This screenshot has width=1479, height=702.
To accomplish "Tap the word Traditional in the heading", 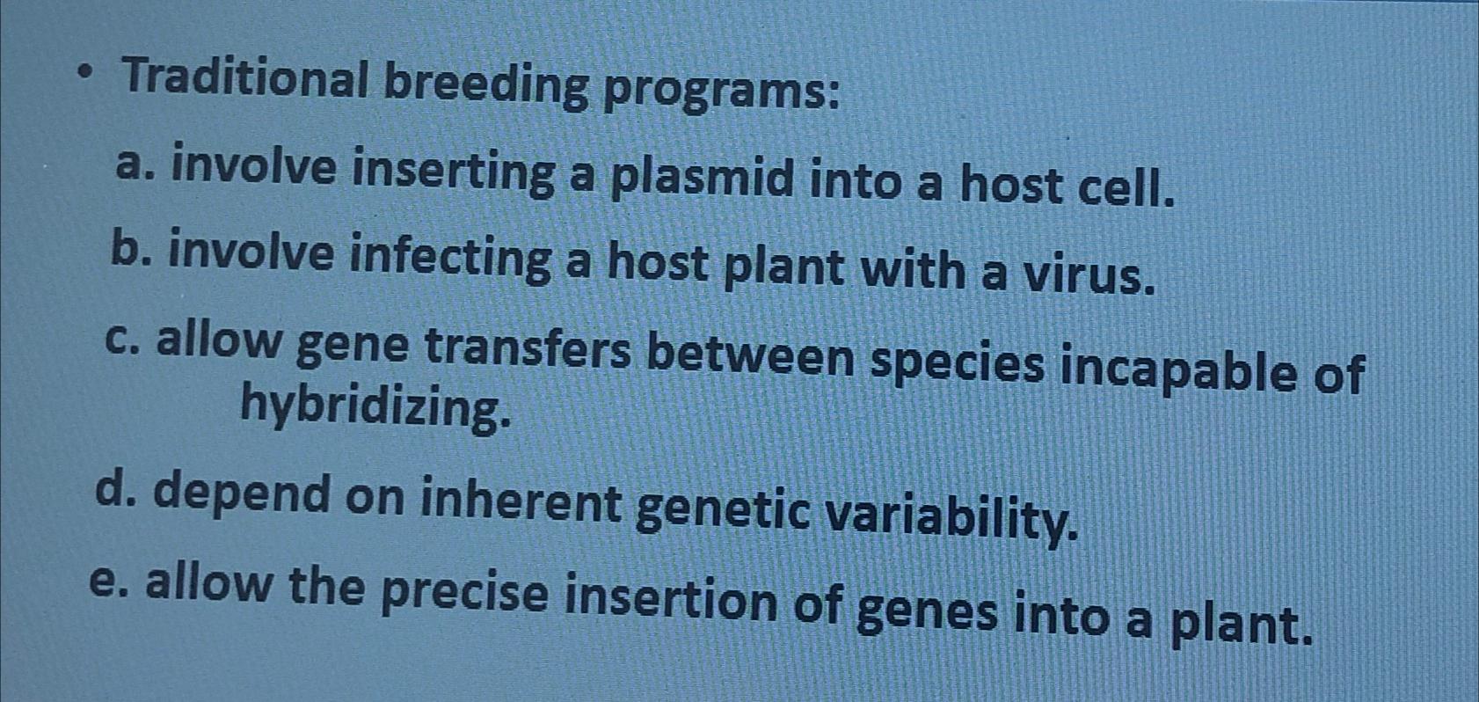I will pos(245,79).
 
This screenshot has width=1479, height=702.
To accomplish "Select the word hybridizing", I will pos(374,408).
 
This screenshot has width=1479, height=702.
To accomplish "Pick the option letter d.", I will pos(112,490).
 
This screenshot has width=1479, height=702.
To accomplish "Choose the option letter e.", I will pos(106,581).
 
